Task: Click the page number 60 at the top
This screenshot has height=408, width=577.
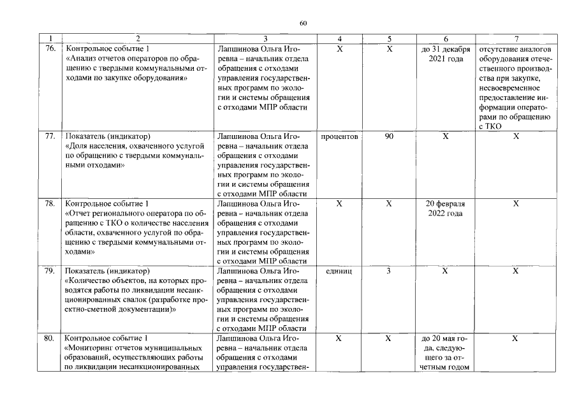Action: [303, 24]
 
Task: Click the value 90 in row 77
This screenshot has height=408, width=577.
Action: [389, 136]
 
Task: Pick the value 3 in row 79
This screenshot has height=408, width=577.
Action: [389, 271]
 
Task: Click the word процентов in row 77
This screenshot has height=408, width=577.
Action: [339, 136]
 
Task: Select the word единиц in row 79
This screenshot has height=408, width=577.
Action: [339, 271]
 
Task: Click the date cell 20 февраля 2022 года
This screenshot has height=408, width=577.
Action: [446, 208]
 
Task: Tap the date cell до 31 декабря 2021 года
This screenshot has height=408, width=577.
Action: [446, 54]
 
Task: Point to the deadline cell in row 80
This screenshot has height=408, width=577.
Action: [446, 353]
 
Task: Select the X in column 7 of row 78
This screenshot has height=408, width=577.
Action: [516, 203]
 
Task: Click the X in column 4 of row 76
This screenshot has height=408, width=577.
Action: [339, 49]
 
